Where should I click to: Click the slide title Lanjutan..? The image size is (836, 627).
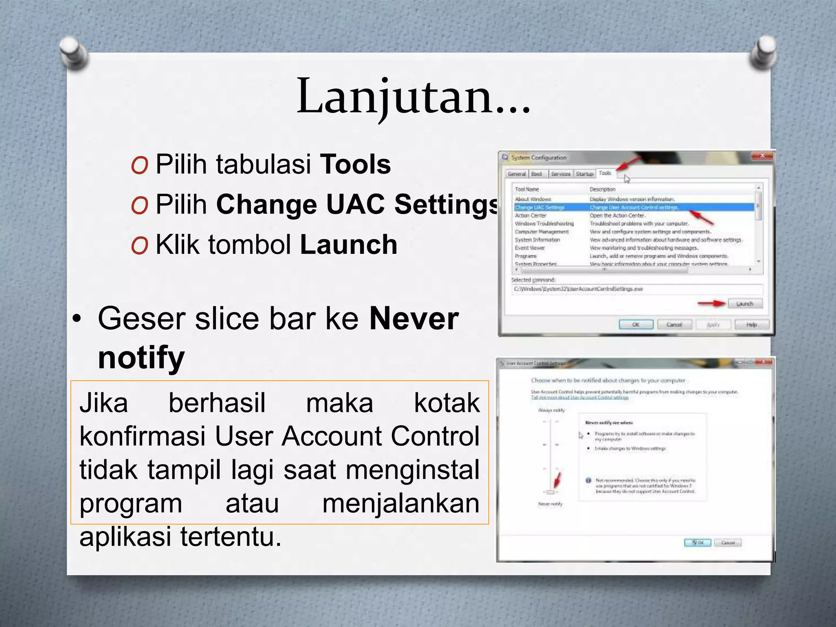(413, 97)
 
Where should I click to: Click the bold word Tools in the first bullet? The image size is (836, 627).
(355, 164)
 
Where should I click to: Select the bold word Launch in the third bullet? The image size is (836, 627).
(349, 245)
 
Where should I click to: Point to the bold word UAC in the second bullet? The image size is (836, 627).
(355, 204)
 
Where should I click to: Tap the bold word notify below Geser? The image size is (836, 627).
(141, 357)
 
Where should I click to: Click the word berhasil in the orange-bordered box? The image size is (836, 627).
(217, 403)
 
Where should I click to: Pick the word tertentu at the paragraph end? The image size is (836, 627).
(231, 536)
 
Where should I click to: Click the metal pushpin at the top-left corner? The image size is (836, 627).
(73, 53)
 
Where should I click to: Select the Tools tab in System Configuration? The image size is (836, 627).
(605, 173)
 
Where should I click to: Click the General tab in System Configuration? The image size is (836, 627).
(517, 174)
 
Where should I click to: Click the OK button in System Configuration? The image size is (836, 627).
(636, 325)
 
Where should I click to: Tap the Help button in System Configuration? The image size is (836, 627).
(752, 325)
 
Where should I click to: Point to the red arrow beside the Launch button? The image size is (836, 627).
(711, 304)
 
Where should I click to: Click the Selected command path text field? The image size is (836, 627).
(637, 289)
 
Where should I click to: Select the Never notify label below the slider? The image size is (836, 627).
(550, 504)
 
